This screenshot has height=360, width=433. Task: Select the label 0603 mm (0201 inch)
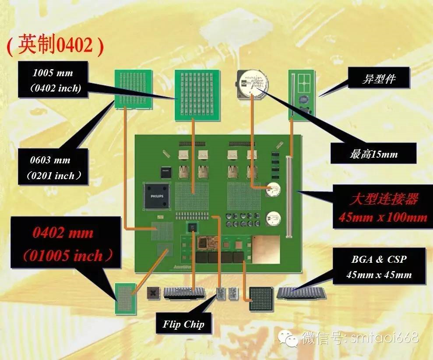click(x=53, y=167)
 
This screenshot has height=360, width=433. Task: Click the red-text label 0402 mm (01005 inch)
click(x=66, y=244)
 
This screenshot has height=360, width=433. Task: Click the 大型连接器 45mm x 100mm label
click(x=383, y=207)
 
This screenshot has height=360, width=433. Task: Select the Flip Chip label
click(x=183, y=324)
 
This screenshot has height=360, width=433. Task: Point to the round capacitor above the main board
click(x=252, y=84)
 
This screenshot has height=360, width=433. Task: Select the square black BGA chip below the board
click(x=261, y=299)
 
